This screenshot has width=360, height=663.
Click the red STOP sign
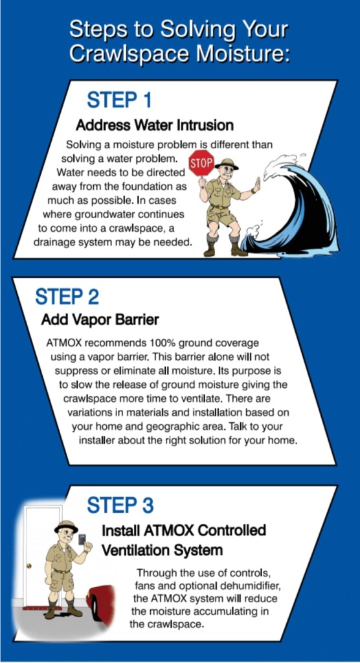[x=201, y=163]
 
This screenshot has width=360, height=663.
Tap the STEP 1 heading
[x=119, y=100]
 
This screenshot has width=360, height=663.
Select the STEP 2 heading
[x=67, y=297]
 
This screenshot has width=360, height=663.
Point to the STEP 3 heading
[x=120, y=505]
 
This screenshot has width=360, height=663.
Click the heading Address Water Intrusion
[x=154, y=125]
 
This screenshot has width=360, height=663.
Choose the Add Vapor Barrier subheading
[x=100, y=320]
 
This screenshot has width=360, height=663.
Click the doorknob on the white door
[x=28, y=566]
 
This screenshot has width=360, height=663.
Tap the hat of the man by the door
[x=66, y=526]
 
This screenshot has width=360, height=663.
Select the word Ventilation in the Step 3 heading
[x=131, y=550]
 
